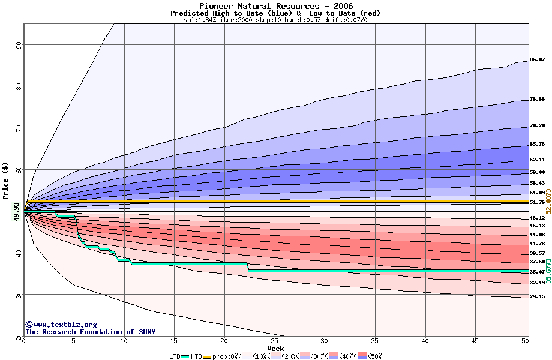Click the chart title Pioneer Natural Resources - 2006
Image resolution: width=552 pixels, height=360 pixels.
[275, 6]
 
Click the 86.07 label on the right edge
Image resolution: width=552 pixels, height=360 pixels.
[537, 60]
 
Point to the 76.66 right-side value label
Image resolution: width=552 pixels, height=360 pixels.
[537, 99]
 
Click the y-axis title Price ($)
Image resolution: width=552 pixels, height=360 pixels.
[5, 181]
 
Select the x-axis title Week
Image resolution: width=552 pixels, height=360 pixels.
[275, 348]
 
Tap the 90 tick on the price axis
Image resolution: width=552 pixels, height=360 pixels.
[18, 44]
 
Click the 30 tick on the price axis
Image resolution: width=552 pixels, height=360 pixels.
[18, 295]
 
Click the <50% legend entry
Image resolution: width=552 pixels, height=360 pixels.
[373, 356]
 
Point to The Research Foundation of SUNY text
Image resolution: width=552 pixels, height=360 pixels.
[90, 332]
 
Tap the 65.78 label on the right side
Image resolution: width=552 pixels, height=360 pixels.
[537, 145]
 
